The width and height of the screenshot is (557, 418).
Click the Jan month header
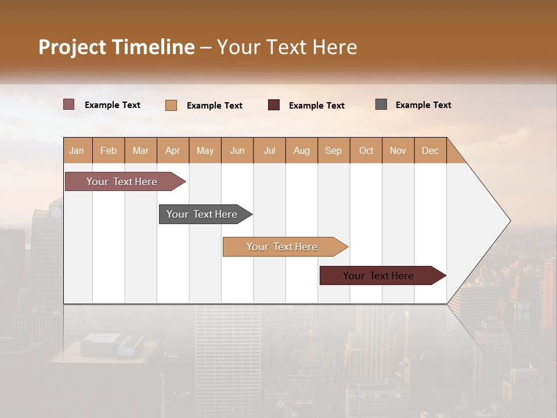coord(77,150)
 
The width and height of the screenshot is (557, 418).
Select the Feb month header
coord(108,150)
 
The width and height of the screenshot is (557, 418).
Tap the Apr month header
coord(172,150)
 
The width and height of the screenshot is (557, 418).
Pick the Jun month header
coord(237,150)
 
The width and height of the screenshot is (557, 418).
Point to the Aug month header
coord(301,150)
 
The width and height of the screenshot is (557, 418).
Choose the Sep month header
coord(333,150)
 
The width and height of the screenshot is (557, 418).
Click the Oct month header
coord(366,150)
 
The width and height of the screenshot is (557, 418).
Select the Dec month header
coord(430,150)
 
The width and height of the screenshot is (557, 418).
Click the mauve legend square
coord(69,105)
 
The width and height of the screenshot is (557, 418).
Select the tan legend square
coord(171,105)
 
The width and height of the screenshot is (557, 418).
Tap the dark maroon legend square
coord(274,105)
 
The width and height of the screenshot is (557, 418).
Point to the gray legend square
coord(381,105)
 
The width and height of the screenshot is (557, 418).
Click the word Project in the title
coord(73,47)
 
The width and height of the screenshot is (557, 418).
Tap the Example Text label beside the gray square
coord(423,105)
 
